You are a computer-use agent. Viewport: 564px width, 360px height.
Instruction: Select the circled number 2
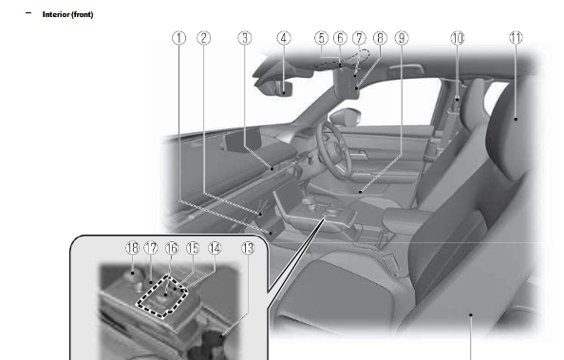pos(203,38)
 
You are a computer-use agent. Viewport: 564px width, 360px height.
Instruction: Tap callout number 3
pos(244,38)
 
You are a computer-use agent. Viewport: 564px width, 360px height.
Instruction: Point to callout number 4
pos(283,38)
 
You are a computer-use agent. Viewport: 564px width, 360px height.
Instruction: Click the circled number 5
pos(323,38)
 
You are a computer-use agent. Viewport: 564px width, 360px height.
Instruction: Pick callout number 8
pos(379,38)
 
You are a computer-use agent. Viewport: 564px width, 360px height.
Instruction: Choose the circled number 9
pos(402,38)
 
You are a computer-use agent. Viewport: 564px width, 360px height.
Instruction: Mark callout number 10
pos(458,38)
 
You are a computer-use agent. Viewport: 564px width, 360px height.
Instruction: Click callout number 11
pos(515,38)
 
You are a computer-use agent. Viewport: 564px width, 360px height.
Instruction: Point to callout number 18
pos(132,247)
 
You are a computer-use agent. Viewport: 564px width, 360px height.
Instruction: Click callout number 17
pos(151,247)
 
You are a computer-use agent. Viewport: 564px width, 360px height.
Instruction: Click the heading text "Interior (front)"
pos(67,15)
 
